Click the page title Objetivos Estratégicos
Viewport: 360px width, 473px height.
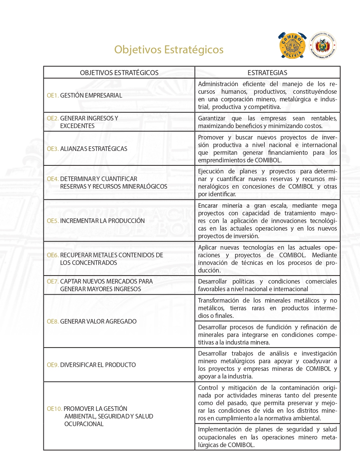169,50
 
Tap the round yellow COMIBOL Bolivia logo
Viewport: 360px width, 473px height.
293,45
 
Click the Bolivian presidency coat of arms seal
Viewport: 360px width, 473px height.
323,45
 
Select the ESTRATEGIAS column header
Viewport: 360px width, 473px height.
267,73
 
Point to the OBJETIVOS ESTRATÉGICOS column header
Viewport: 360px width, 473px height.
119,73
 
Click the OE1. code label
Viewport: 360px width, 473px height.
53,96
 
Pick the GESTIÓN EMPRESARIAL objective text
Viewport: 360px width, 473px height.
91,96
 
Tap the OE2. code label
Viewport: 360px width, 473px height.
53,119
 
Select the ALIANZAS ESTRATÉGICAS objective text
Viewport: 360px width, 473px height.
94,149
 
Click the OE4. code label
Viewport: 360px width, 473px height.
53,179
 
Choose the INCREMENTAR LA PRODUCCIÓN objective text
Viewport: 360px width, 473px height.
102,221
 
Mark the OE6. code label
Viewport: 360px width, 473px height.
53,255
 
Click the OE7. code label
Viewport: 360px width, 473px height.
53,281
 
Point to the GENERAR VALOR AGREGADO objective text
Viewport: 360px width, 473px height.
98,321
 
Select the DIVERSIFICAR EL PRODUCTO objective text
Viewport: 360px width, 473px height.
98,365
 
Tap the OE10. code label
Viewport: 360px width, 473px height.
54,409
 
